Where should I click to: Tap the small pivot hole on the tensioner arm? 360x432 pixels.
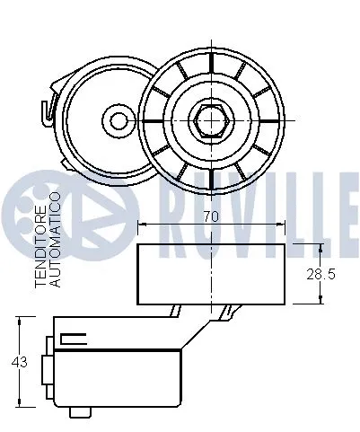pyautogui.click(x=117, y=119)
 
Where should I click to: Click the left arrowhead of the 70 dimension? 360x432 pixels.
pyautogui.click(x=141, y=225)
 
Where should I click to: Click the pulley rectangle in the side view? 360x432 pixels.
pyautogui.click(x=211, y=273)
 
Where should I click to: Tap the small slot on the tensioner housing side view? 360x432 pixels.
pyautogui.click(x=73, y=339)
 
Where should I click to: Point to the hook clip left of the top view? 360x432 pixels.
pyautogui.click(x=46, y=111)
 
